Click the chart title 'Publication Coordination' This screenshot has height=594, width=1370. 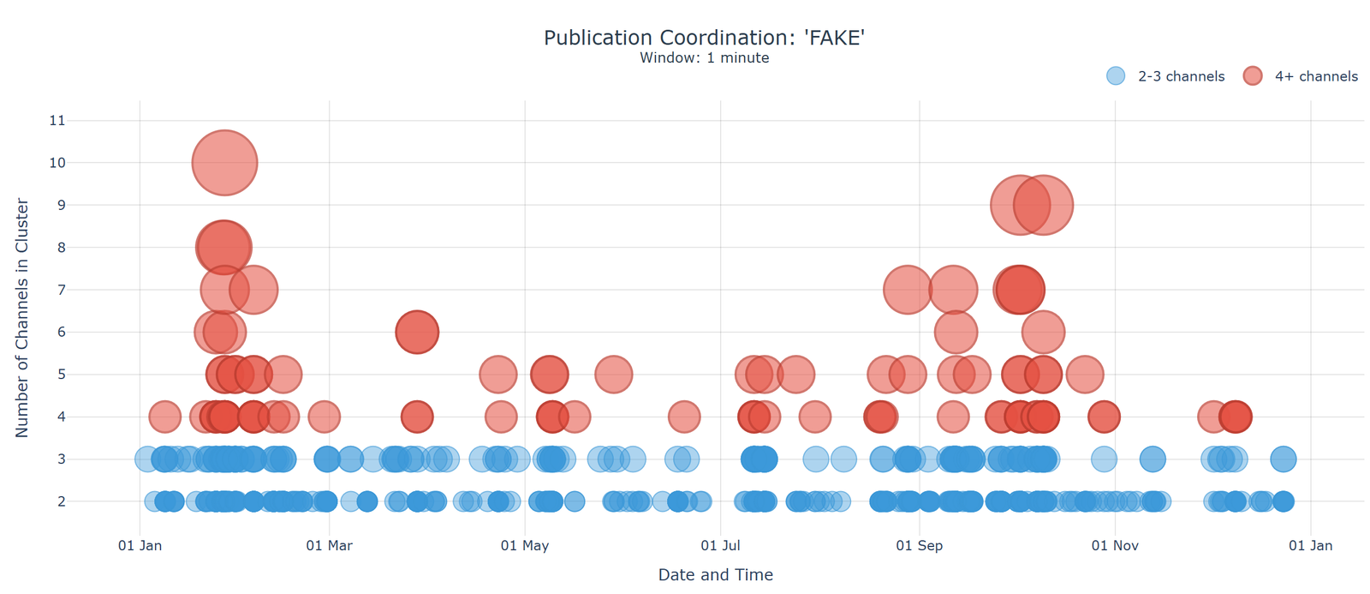[704, 38]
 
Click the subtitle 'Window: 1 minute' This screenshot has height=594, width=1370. [704, 58]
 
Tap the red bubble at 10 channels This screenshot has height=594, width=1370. [224, 163]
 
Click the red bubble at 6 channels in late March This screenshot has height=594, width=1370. [417, 332]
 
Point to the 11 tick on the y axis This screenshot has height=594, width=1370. [57, 121]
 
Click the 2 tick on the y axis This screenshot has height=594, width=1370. [61, 501]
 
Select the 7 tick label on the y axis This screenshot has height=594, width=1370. [61, 290]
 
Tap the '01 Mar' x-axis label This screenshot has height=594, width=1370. [330, 546]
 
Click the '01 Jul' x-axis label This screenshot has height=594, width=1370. [720, 546]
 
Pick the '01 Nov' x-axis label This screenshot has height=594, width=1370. [1115, 546]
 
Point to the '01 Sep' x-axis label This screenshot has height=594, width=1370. [920, 546]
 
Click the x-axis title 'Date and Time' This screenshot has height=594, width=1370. [715, 575]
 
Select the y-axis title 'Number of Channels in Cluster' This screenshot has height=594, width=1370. [22, 318]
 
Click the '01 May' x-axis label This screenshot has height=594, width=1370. [525, 546]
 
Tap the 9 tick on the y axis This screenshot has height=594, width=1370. [61, 205]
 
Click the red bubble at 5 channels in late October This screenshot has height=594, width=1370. [1085, 375]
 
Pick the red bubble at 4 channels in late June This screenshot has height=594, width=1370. [683, 417]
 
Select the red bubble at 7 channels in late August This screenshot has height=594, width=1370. [908, 290]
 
